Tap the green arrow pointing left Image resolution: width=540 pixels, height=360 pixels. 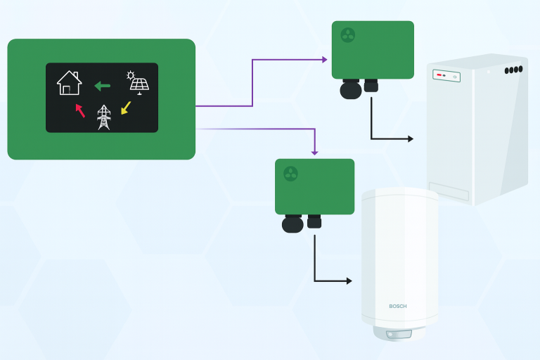103,86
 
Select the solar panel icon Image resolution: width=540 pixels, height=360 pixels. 139,82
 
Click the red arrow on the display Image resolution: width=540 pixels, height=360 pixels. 80,110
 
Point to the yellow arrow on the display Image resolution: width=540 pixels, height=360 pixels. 126,108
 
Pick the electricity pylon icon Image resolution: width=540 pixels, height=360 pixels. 104,117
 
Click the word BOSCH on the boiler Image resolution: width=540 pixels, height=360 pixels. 398,307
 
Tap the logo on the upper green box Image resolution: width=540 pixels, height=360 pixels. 347,35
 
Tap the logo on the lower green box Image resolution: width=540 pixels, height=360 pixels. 290,173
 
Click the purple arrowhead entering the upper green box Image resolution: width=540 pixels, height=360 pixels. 325,60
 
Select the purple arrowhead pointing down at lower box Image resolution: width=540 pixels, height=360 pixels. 314,152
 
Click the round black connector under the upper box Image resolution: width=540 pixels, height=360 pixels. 350,89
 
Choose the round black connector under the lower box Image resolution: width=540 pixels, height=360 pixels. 292,224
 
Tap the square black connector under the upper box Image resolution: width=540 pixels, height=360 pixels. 371,86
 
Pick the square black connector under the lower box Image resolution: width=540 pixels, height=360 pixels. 314,221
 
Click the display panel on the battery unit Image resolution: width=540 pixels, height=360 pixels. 446,75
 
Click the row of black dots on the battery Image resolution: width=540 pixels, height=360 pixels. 513,70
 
